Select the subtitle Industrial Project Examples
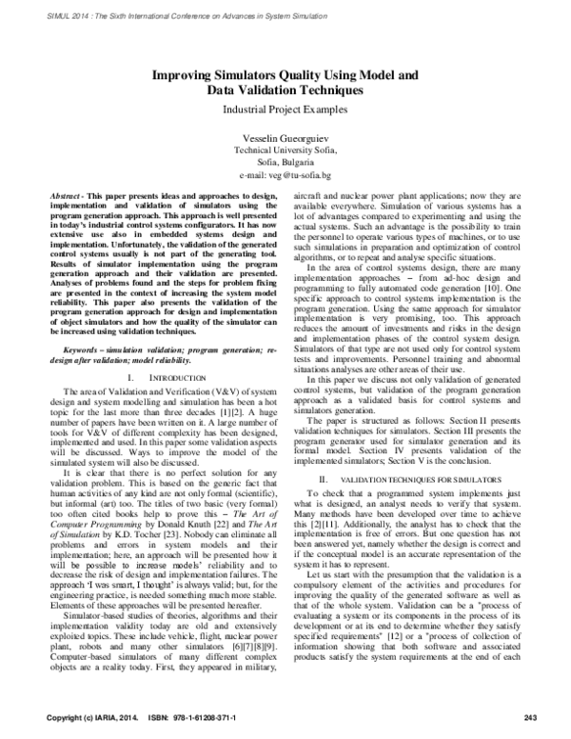pyautogui.click(x=285, y=110)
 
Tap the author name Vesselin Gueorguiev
pyautogui.click(x=285, y=138)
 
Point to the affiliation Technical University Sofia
pyautogui.click(x=285, y=150)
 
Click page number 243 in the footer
pyautogui.click(x=531, y=716)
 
